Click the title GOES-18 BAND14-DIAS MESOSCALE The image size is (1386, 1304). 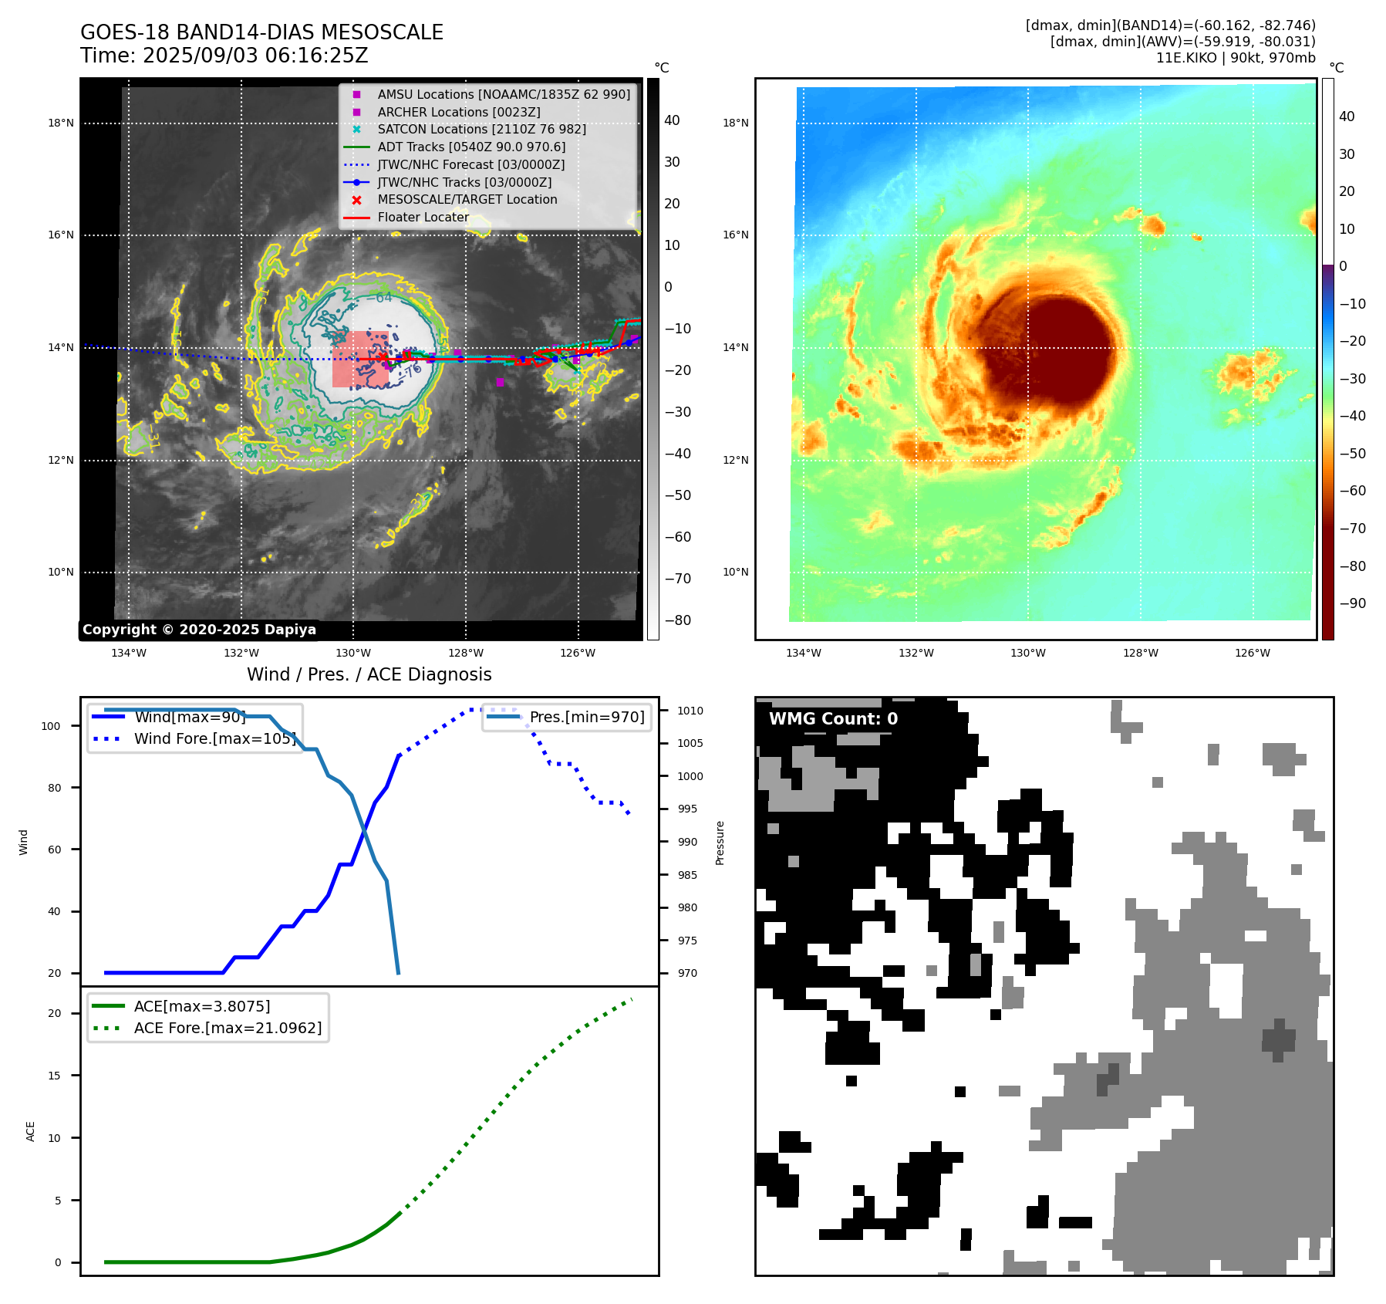click(261, 32)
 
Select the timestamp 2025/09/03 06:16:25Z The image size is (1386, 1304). click(255, 56)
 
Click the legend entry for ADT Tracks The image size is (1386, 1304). click(471, 147)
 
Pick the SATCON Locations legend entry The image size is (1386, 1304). click(481, 129)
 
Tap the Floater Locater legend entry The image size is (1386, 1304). click(423, 217)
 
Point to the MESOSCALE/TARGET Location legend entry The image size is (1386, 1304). click(467, 199)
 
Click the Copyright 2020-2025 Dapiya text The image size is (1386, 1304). click(199, 630)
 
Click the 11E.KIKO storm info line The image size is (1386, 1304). click(1235, 58)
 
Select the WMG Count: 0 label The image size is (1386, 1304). click(833, 719)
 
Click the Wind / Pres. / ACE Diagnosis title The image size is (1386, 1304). click(369, 674)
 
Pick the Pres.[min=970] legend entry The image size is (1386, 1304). click(586, 717)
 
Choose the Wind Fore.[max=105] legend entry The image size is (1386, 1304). click(214, 738)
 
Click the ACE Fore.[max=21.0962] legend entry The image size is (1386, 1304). click(228, 1028)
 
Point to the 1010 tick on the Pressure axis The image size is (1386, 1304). click(690, 711)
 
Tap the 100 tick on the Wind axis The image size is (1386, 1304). click(51, 726)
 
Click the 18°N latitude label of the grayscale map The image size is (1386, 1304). click(61, 123)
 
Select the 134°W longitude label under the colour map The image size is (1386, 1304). click(803, 653)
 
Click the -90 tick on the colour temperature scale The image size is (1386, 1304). click(1352, 603)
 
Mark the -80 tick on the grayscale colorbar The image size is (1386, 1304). click(678, 620)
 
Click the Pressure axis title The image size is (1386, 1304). click(720, 843)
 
